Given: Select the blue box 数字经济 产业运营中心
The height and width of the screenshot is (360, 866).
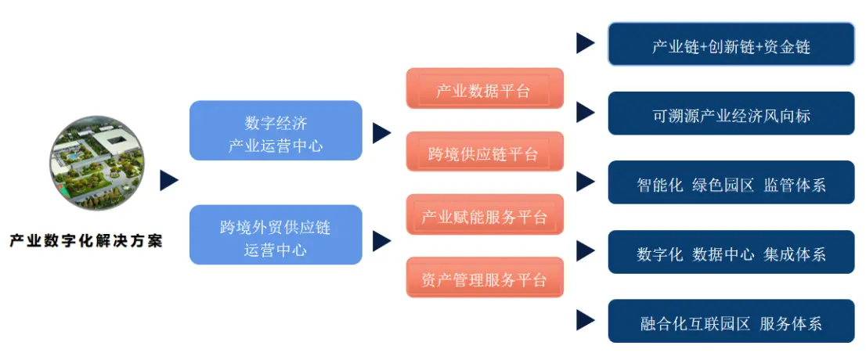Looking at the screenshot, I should click(276, 131).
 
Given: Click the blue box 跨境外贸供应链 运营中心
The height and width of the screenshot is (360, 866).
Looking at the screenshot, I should click(276, 235).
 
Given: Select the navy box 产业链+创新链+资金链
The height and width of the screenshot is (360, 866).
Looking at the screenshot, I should click(731, 45).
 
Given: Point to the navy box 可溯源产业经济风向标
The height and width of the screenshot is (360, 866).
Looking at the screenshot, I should click(731, 114).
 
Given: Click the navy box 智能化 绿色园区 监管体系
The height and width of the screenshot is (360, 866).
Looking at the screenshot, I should click(731, 183).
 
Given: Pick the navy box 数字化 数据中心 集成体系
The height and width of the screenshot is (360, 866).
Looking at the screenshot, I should click(731, 252).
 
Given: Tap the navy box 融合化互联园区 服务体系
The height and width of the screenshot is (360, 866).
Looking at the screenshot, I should click(731, 321).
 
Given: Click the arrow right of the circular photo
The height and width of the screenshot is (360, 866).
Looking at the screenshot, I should click(169, 181).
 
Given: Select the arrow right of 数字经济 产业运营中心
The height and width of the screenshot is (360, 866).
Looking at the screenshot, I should click(381, 132).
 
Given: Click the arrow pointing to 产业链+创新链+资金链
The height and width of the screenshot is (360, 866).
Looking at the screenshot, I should click(585, 43).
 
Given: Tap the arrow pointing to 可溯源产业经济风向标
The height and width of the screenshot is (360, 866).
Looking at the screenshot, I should click(585, 113).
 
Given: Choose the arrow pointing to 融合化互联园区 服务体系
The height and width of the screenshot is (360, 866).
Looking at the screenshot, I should click(585, 320).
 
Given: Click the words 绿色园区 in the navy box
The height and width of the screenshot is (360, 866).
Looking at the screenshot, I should click(723, 185).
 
